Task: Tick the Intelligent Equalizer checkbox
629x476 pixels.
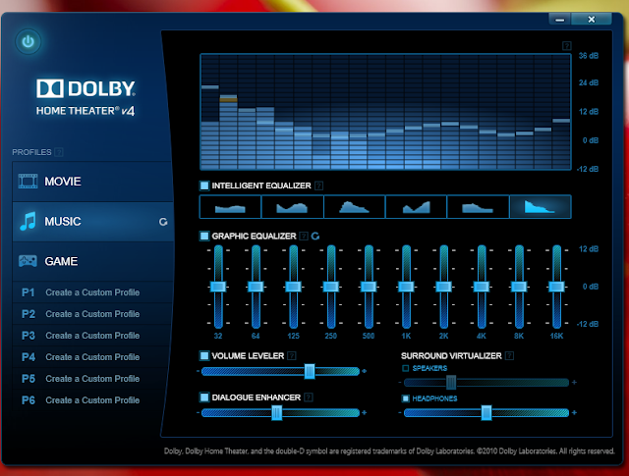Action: click(204, 185)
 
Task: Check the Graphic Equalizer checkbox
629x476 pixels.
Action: click(204, 236)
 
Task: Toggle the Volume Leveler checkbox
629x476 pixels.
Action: click(204, 355)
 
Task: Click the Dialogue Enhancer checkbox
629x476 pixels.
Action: click(204, 397)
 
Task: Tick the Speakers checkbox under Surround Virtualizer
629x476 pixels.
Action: click(406, 368)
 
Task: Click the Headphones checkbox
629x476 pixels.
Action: click(406, 398)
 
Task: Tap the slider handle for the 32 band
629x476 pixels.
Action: click(218, 287)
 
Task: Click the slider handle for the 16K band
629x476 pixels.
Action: click(556, 287)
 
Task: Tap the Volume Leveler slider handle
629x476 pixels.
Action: click(310, 371)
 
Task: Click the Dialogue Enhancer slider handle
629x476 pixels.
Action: click(277, 413)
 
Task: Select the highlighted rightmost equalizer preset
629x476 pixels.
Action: click(540, 206)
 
